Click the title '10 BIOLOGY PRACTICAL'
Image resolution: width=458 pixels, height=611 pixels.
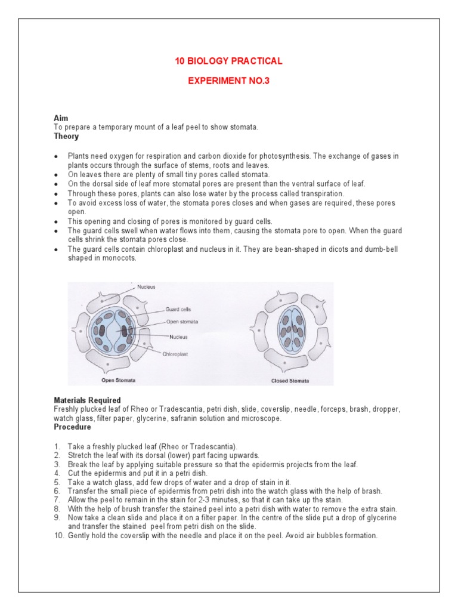point(228,61)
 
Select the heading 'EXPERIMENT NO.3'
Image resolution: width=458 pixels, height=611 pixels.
point(228,81)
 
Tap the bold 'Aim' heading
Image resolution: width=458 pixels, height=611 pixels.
point(60,119)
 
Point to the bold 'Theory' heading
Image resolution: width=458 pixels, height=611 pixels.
point(66,136)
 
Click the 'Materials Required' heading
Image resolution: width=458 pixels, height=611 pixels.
point(87,400)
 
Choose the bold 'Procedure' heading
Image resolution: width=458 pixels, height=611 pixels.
point(72,427)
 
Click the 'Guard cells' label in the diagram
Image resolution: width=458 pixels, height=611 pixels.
point(178,310)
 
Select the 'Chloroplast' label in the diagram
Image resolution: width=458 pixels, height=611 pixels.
point(175,354)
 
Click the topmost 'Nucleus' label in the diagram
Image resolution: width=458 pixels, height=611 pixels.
point(146,287)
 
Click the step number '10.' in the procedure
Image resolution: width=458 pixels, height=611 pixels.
point(58,536)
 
